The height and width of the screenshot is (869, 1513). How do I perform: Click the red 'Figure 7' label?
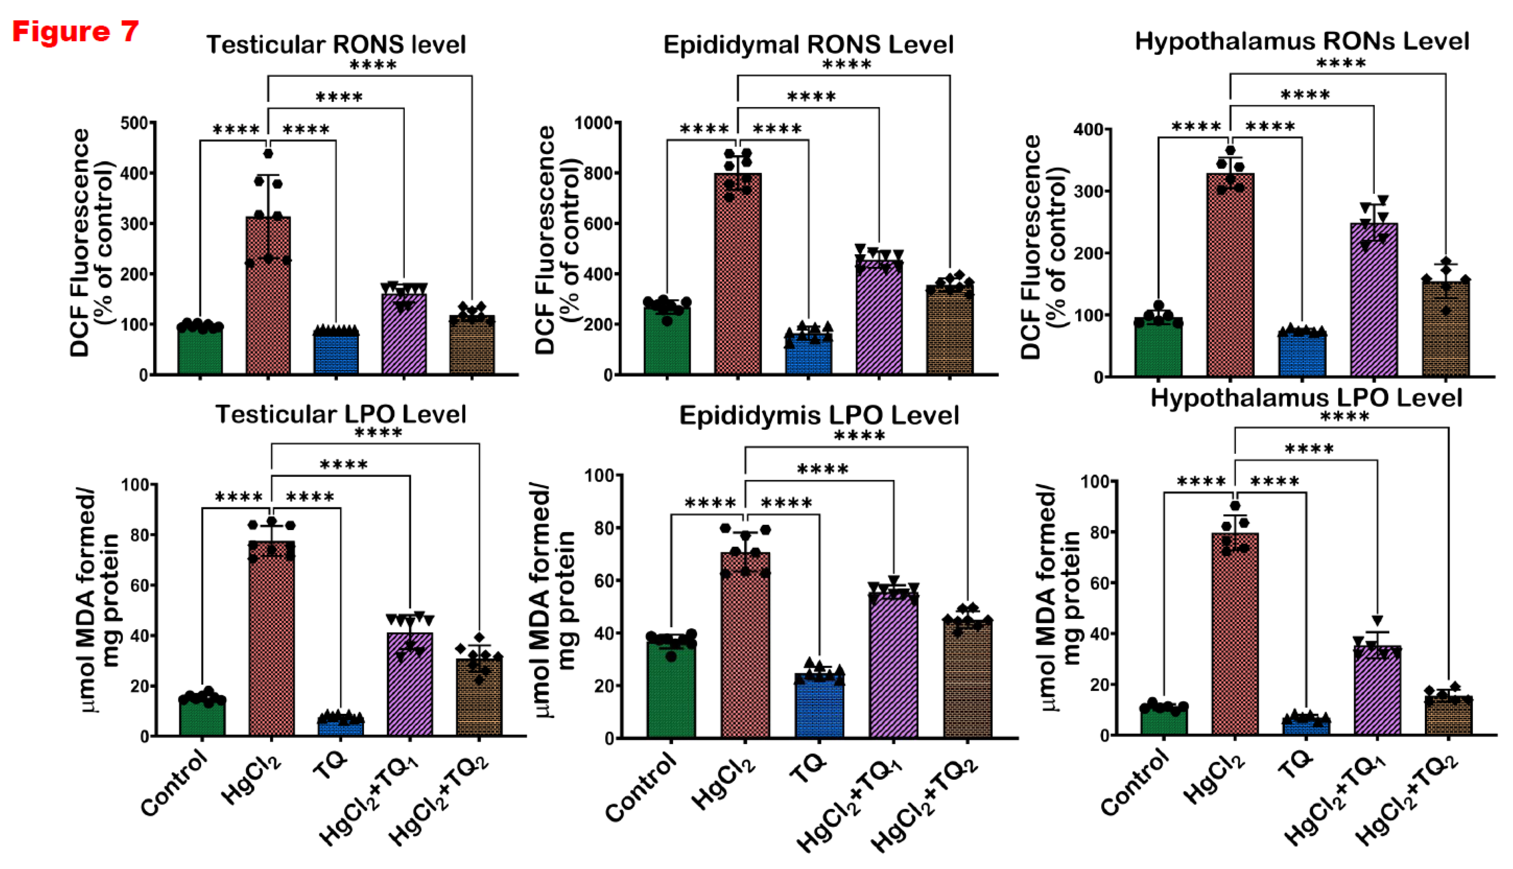click(75, 31)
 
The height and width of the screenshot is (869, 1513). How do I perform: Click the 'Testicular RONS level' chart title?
click(336, 45)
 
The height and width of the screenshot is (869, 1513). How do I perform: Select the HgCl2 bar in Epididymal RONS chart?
click(738, 275)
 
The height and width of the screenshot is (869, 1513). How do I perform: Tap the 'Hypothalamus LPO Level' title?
click(1306, 398)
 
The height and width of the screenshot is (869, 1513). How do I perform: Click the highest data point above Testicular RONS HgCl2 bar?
click(268, 154)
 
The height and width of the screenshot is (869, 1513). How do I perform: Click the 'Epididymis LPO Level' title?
click(819, 416)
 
